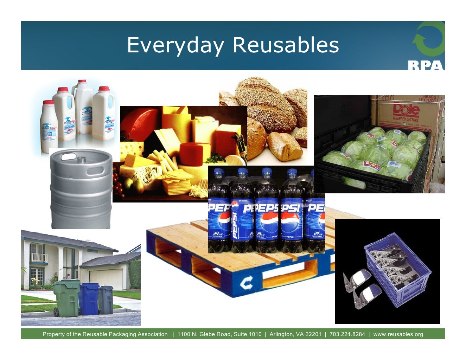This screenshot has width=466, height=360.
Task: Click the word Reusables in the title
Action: [x=286, y=45]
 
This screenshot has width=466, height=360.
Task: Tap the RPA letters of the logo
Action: [x=426, y=65]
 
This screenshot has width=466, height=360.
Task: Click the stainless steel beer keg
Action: [x=81, y=190]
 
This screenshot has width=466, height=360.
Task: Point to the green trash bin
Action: [x=66, y=297]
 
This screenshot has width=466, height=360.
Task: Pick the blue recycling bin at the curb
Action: [x=89, y=299]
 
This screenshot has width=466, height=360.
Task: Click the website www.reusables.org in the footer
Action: [x=398, y=334]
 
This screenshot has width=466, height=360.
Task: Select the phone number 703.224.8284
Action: [x=347, y=334]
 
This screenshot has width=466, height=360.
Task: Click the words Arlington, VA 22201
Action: [x=295, y=334]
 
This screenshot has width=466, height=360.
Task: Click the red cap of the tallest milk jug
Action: [x=82, y=82]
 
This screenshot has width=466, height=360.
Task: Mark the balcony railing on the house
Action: [x=39, y=258]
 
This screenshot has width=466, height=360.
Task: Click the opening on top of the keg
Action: [x=81, y=159]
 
